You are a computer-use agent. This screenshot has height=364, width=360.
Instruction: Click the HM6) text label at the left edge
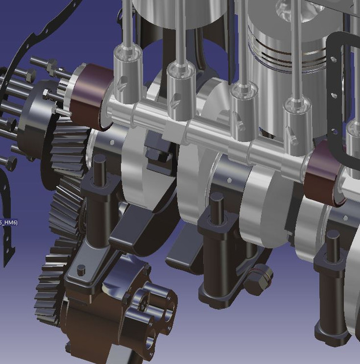pyautogui.click(x=9, y=222)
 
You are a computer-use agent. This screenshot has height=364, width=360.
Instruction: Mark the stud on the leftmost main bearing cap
pyautogui.click(x=100, y=170)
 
